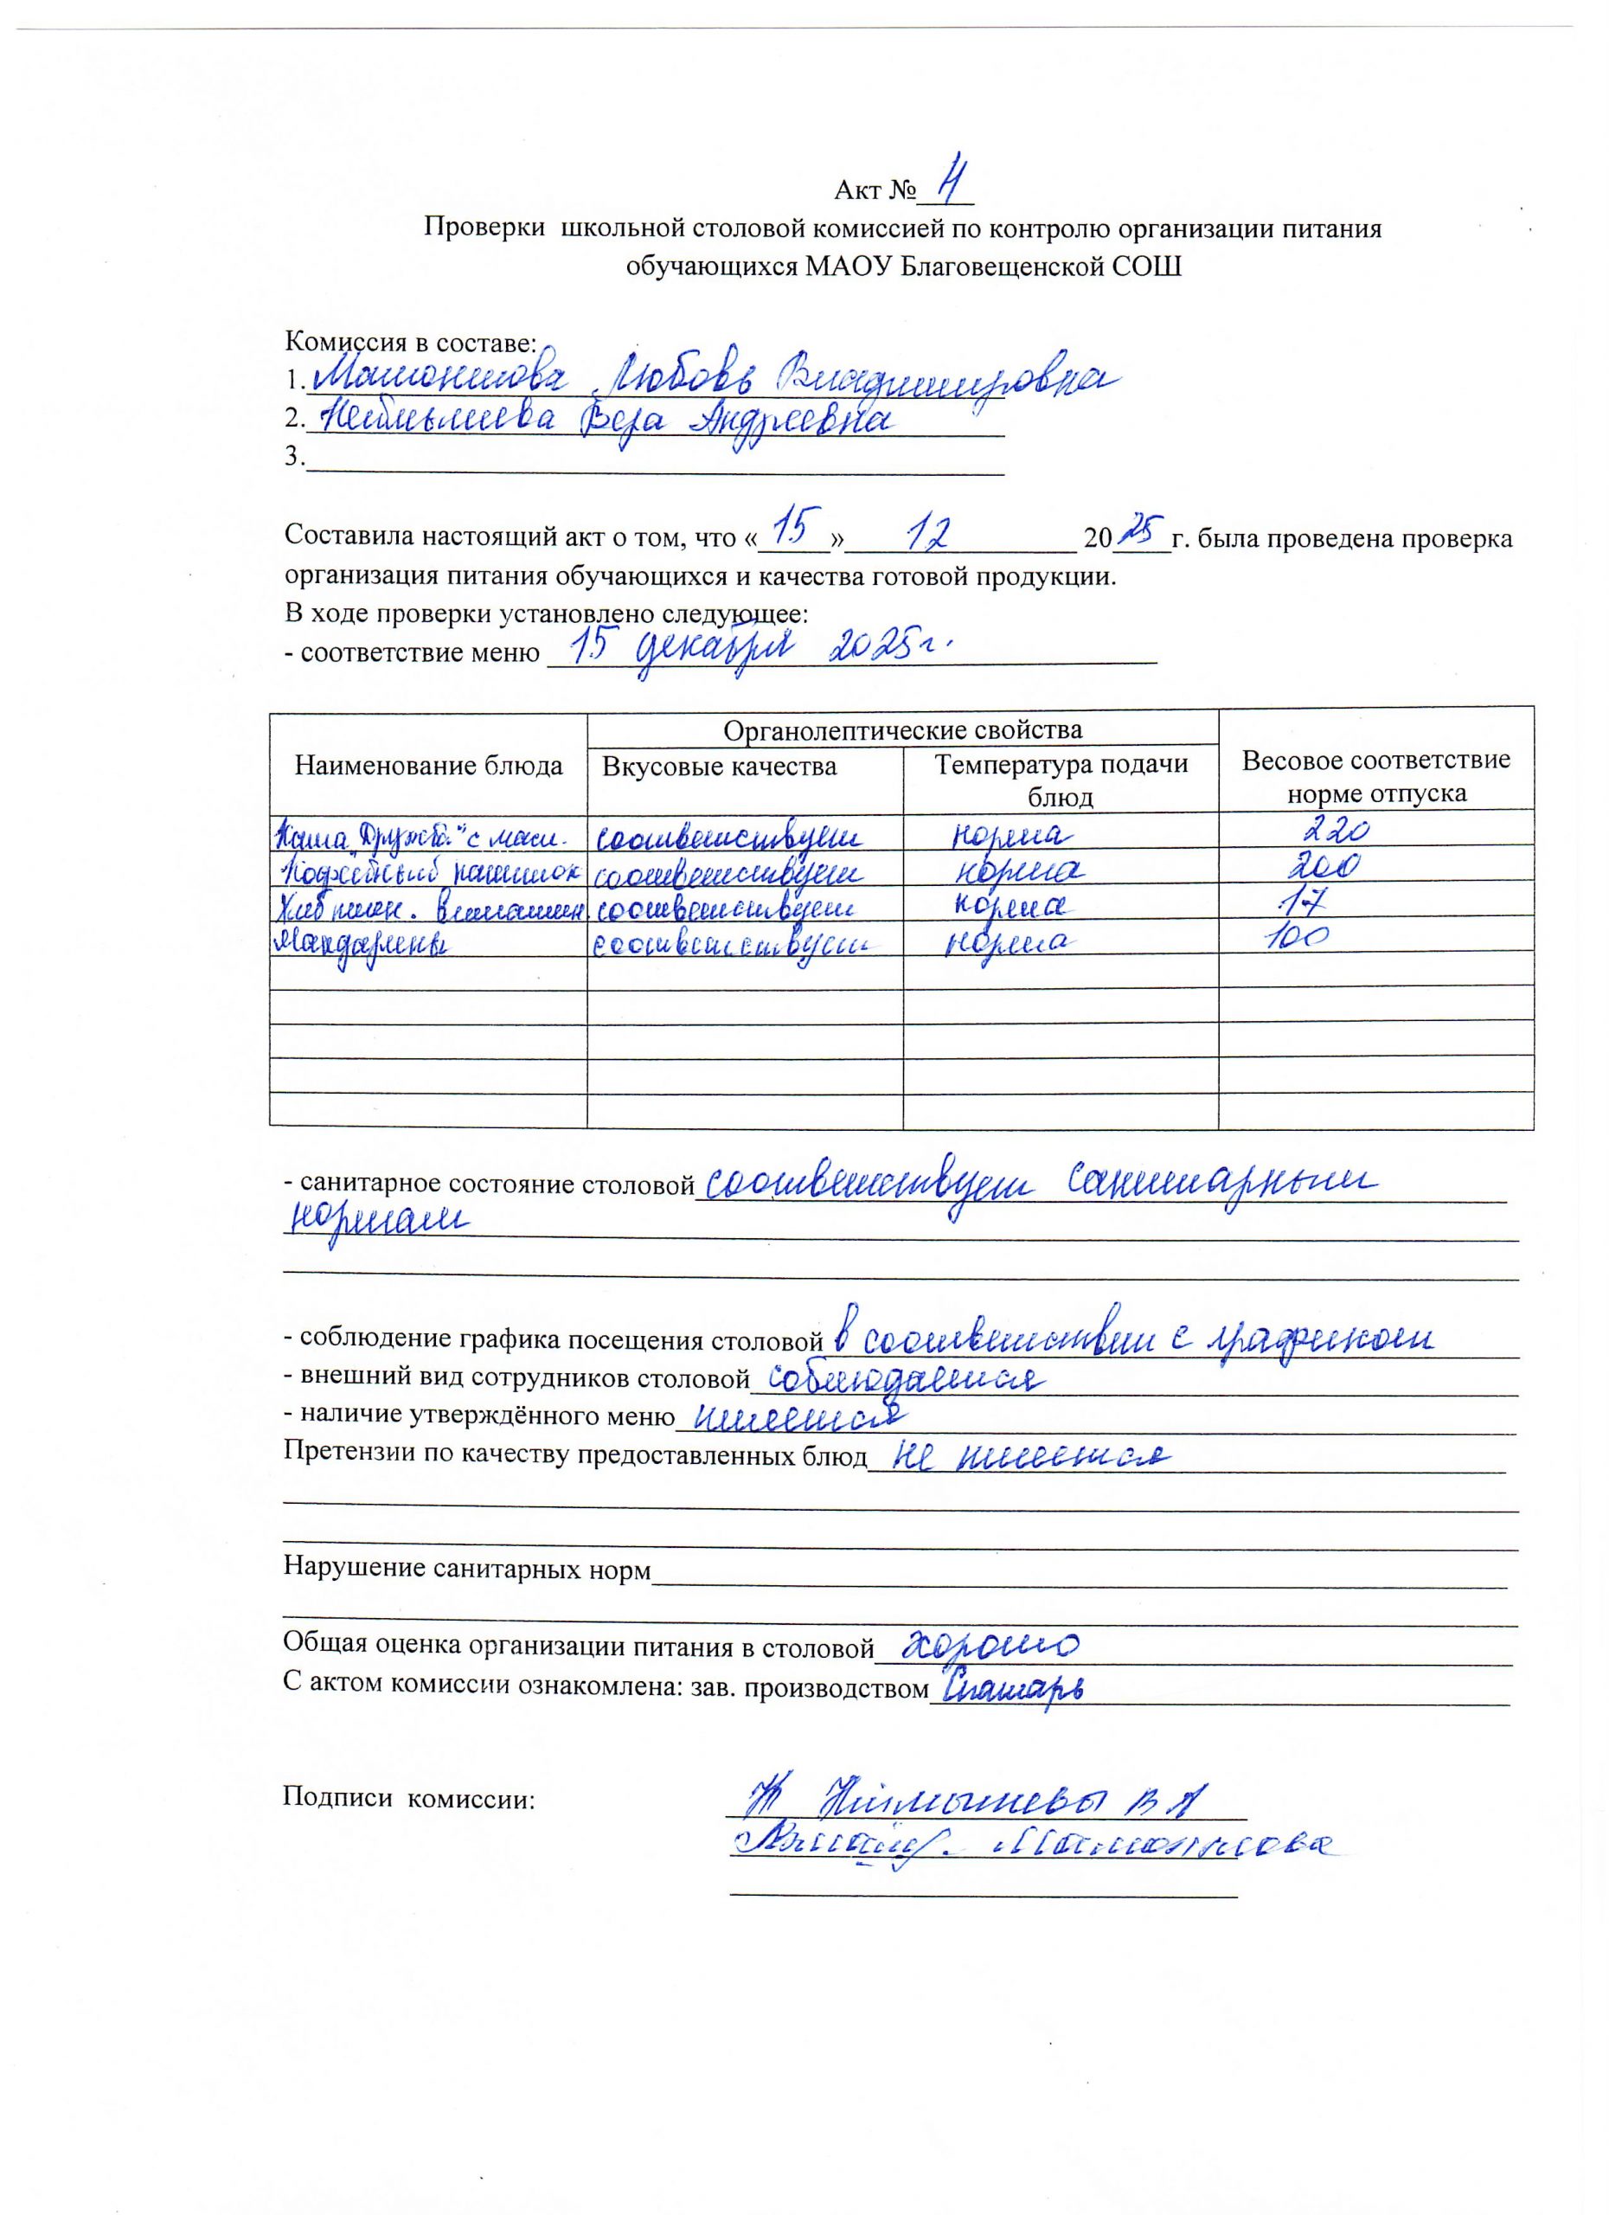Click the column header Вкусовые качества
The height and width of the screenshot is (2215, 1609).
720,767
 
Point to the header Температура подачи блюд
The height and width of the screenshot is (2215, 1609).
1061,780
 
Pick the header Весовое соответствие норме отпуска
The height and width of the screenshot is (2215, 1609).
1375,775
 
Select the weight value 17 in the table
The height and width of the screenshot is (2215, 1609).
1305,904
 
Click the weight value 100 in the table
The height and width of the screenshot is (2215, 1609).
1298,939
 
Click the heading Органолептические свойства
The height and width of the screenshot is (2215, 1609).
902,729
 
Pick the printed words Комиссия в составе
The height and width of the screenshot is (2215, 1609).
410,343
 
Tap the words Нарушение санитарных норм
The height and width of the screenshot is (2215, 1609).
466,1569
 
